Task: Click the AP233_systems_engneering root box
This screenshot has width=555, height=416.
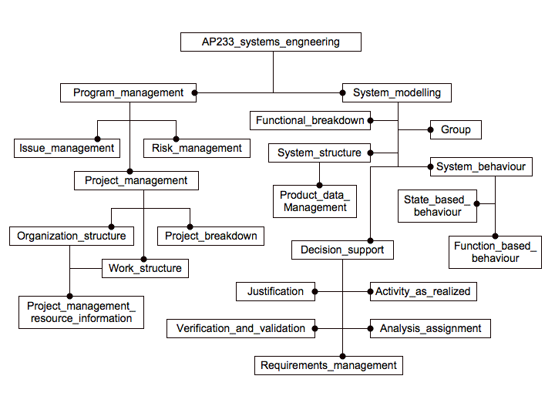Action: pos(271,42)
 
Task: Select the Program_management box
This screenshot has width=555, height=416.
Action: pos(128,93)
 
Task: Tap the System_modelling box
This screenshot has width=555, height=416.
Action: pos(397,93)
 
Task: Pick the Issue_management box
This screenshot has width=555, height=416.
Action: pos(66,148)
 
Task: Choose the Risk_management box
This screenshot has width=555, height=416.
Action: pos(197,148)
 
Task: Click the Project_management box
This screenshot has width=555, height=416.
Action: pos(136,180)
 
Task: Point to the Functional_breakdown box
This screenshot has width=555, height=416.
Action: pos(310,120)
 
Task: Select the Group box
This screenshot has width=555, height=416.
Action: pos(456,129)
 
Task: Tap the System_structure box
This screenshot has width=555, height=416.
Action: pos(319,153)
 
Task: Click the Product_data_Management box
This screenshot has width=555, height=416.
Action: pos(314,201)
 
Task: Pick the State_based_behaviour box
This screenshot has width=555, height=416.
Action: pos(437,206)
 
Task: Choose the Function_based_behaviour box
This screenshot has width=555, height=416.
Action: pos(496,252)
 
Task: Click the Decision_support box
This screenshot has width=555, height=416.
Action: pos(342,250)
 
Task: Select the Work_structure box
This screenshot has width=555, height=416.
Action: pos(145,268)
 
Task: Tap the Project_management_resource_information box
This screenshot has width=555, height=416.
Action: pos(81,312)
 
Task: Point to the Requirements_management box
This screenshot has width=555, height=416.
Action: pos(328,365)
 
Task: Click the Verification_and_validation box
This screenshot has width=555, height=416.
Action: pos(240,328)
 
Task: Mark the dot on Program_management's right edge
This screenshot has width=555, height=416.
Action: pos(194,93)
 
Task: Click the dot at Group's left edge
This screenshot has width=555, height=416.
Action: pos(430,129)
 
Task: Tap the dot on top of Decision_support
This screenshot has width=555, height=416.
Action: pos(370,240)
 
